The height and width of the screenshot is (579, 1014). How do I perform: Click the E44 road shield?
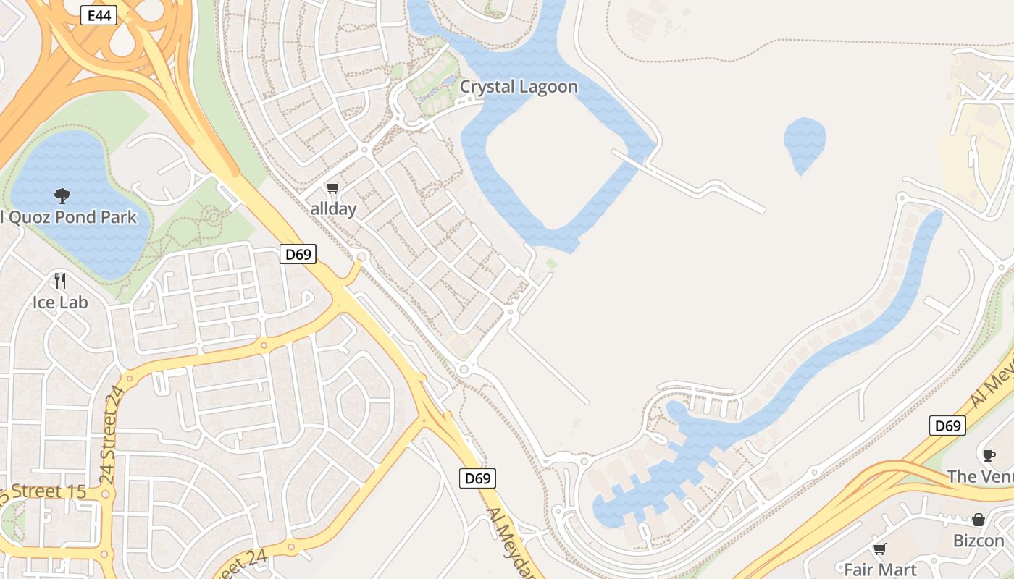point(99,15)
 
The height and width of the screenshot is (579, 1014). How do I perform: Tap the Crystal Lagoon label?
point(519,87)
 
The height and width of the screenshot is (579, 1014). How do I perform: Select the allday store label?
point(333,209)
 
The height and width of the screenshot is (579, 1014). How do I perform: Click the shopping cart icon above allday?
point(332,188)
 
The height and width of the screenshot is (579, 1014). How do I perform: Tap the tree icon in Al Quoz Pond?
point(62,195)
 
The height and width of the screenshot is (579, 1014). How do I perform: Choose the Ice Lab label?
point(60,302)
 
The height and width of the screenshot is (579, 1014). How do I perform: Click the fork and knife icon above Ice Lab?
point(60,280)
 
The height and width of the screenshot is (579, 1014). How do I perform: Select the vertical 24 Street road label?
point(109,435)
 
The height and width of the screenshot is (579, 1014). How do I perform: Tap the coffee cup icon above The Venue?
point(989,455)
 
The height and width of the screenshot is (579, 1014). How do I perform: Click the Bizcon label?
point(979,541)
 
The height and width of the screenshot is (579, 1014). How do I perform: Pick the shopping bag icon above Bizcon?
point(979,520)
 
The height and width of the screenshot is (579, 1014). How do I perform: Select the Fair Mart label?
point(880,570)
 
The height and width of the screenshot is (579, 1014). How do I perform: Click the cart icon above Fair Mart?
point(880,549)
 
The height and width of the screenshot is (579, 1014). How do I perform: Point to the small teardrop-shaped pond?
point(804,141)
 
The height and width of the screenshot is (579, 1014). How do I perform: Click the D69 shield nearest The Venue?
point(947,426)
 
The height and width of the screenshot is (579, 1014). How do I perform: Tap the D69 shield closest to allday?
point(298,254)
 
